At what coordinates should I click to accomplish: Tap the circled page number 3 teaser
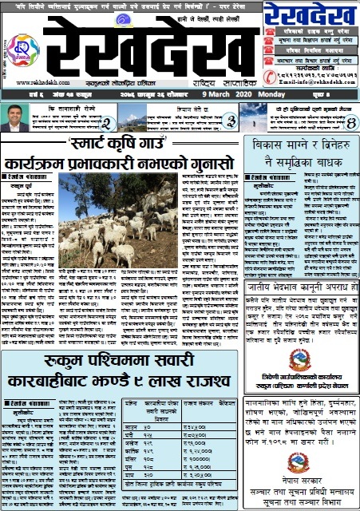click(230, 121)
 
